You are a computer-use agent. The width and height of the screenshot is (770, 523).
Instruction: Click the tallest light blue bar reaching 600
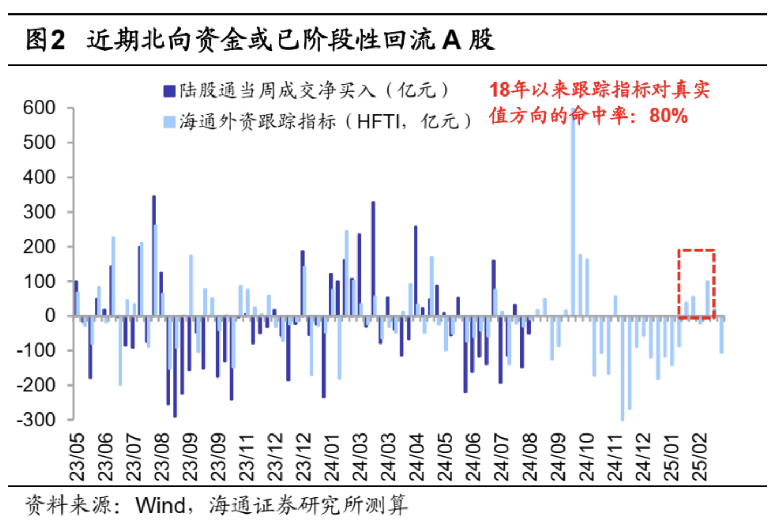click(x=573, y=216)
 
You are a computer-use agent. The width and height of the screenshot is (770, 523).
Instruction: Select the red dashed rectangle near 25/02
click(x=696, y=284)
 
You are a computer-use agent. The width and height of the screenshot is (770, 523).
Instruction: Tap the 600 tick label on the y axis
click(x=39, y=108)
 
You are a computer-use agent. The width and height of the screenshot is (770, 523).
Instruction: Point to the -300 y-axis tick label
click(x=36, y=419)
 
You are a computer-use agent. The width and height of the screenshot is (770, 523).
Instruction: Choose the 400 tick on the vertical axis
click(x=39, y=177)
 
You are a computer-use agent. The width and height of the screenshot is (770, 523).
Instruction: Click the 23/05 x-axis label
click(x=78, y=457)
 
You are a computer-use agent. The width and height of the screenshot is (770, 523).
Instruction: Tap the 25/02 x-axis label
click(x=699, y=457)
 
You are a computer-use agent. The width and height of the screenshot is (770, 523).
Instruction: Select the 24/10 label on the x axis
click(x=586, y=457)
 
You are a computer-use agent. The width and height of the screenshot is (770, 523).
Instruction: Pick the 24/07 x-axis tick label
click(x=501, y=457)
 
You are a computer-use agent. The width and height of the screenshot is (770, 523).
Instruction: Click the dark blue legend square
click(x=169, y=91)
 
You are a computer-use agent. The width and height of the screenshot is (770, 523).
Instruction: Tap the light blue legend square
click(x=169, y=122)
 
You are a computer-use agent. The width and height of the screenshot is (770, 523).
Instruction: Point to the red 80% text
click(x=668, y=116)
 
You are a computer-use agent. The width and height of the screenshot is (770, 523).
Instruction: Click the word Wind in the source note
click(x=161, y=505)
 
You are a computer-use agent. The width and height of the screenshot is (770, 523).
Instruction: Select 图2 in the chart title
click(x=45, y=40)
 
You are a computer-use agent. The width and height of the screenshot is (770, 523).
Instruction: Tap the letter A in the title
click(x=451, y=40)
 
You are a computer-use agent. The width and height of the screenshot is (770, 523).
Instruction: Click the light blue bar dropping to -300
click(x=622, y=369)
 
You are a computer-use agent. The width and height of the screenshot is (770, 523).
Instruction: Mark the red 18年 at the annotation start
click(x=510, y=90)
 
